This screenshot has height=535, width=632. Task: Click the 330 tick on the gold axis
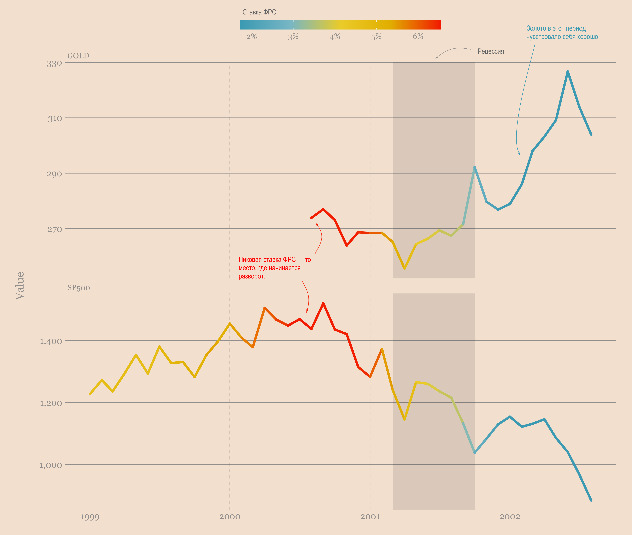pos(54,63)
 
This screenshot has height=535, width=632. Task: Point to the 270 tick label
pos(54,229)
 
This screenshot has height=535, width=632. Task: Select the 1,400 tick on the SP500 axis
pos(51,341)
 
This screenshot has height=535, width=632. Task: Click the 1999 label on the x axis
pos(90,517)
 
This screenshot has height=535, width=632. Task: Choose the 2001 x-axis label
pos(370,517)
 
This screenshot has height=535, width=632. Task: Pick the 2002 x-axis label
pos(510,517)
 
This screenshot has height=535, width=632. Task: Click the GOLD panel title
pos(78,56)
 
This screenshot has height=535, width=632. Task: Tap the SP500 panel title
pos(79,288)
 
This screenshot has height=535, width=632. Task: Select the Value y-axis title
pos(20,286)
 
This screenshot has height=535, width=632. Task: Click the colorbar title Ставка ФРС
pos(259,12)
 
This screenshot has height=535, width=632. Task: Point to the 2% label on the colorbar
pos(252,36)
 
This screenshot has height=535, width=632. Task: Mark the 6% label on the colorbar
pos(418,36)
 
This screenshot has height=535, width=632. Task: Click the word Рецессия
pos(491,51)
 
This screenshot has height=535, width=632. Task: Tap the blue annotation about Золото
pos(563,33)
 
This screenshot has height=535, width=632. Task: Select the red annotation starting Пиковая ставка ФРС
pos(274,268)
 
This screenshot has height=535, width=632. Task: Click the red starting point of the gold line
pos(311,218)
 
